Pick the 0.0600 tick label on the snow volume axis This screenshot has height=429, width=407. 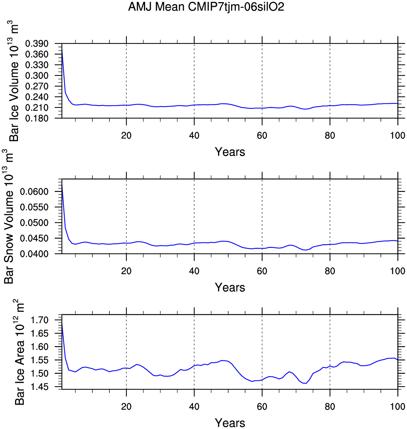pyautogui.click(x=34, y=192)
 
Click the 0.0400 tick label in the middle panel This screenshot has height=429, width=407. pyautogui.click(x=34, y=254)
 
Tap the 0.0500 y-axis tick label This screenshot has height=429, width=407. pyautogui.click(x=34, y=223)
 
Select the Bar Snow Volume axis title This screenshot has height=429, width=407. pyautogui.click(x=10, y=217)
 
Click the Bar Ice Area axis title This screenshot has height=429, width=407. pyautogui.click(x=20, y=353)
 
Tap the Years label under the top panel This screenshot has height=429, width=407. pyautogui.click(x=230, y=152)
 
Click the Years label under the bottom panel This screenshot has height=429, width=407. pyautogui.click(x=230, y=423)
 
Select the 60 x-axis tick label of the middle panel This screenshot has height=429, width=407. pyautogui.click(x=262, y=271)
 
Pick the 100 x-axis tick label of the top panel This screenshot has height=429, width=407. pyautogui.click(x=398, y=136)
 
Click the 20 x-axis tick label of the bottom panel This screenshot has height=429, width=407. pyautogui.click(x=126, y=406)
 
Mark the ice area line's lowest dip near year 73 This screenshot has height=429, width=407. pyautogui.click(x=306, y=383)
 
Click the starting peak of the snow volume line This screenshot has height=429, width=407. pyautogui.click(x=62, y=183)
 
